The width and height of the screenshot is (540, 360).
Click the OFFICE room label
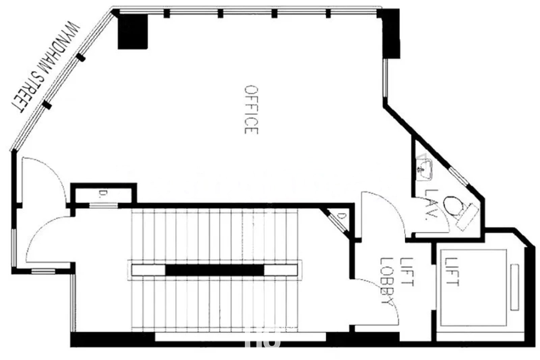pos(251,110)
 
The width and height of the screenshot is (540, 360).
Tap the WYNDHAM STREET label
pos(45,67)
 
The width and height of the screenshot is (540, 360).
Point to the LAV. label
pos(431,205)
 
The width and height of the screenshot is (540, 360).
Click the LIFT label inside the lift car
pos(451,272)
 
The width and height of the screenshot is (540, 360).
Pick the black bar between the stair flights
pos(215,270)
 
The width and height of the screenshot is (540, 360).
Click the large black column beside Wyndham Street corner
pos(133,31)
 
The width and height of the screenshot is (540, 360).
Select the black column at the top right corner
pos(389,33)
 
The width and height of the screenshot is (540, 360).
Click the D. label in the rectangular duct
pos(102,194)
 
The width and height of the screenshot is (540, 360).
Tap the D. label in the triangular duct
pos(341,217)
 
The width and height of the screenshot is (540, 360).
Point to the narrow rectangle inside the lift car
pos(515,287)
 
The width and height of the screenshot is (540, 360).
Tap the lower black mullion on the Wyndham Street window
pos(47,105)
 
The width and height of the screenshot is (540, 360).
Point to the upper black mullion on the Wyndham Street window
pos(80,57)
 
